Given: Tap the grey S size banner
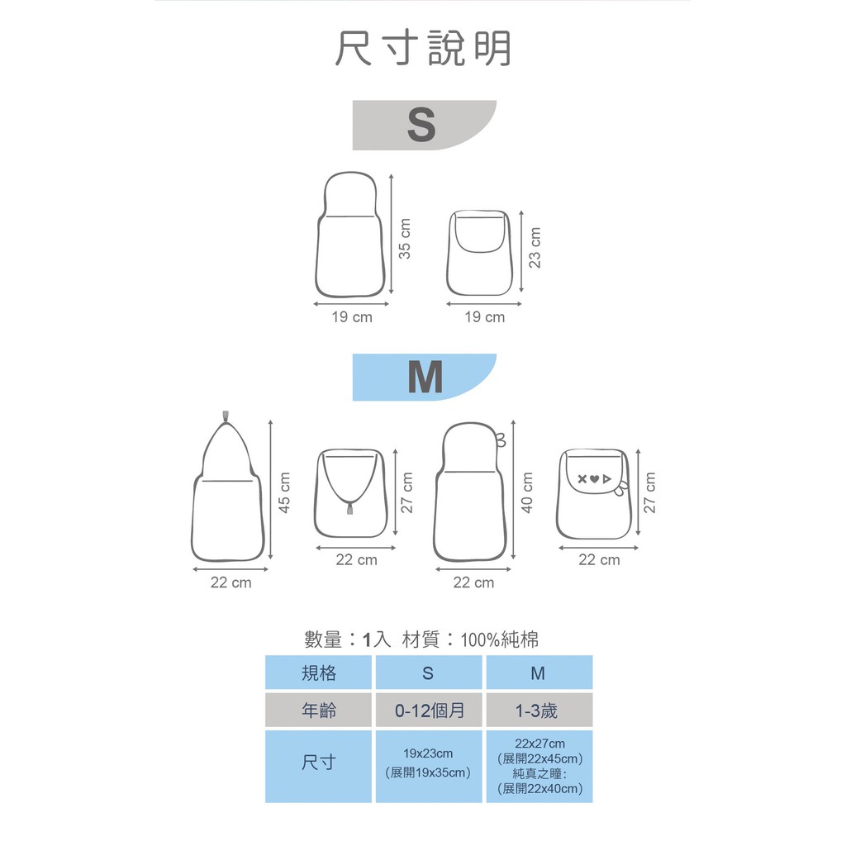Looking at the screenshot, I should point(422,126).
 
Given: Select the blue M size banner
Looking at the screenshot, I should point(424,378).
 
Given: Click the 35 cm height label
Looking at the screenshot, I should point(405,238).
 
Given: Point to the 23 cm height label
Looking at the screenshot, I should point(535,247).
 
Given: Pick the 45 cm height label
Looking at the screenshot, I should point(284,492).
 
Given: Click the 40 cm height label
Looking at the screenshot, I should point(527,492).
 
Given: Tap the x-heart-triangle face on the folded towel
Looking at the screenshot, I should point(595,478).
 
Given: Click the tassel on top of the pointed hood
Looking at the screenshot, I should point(226,415).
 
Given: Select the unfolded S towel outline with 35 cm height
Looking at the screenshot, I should point(350,235).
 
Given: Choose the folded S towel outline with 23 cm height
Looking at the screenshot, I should point(482,252).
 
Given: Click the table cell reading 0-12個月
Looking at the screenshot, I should point(429,711).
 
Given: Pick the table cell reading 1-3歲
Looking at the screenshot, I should point(539,711).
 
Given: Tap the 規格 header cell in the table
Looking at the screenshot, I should point(319,673).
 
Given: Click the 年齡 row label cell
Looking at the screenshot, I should point(319,711).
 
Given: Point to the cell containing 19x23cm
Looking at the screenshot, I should point(429,763).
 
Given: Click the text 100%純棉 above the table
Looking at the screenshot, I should point(500,639).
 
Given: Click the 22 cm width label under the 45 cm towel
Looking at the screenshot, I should point(231,583).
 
